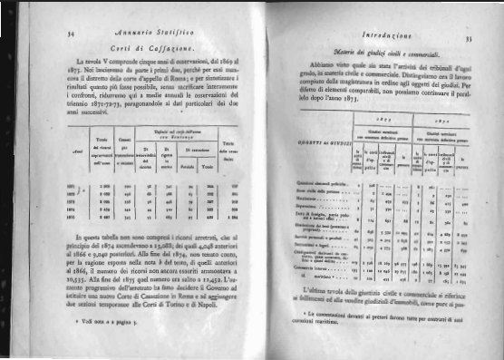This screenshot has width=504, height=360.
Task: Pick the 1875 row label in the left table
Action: coord(73,218)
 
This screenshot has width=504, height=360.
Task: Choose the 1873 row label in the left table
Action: coord(73,199)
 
